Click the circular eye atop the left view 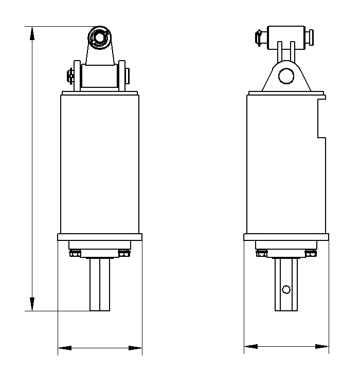pos(99,38)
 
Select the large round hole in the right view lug pos(285,77)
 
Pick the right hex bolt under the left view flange pos(123,253)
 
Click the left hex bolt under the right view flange pos(261,253)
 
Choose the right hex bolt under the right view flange pos(310,253)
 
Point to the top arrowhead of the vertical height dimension pos(32,32)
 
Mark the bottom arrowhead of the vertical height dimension pos(32,304)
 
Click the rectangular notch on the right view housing pos(322,118)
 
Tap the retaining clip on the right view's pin pos(258,38)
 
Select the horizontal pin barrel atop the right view pos(286,35)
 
